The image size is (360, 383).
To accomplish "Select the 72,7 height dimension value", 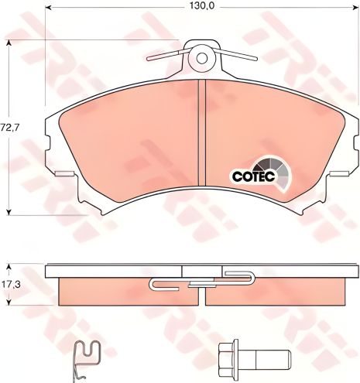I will tap(10, 125).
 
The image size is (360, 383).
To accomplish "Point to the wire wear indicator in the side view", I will tap(203, 280).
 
